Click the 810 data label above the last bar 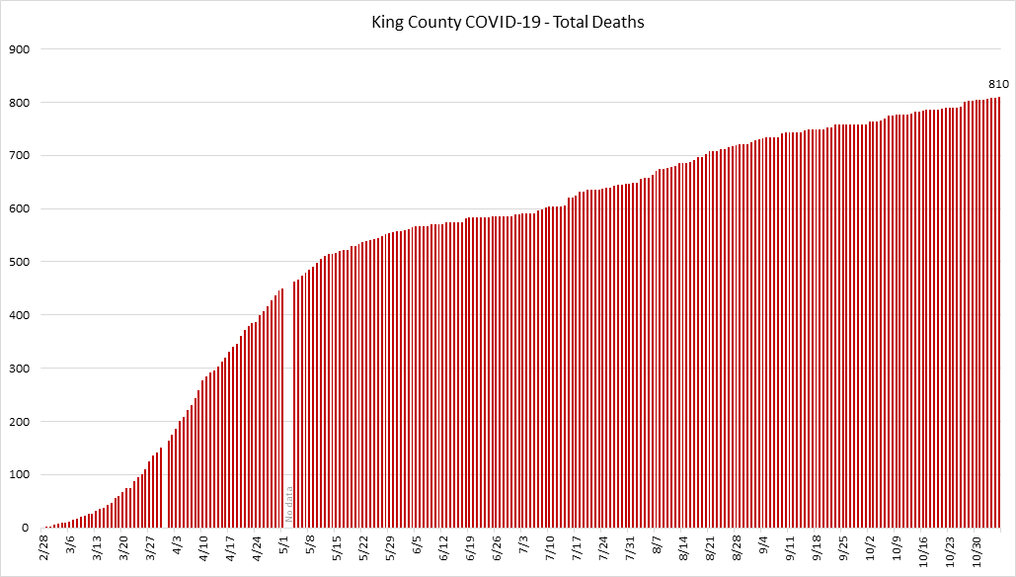(998, 85)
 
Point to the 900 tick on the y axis (19, 49)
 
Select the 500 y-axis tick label (19, 263)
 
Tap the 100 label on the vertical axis (19, 475)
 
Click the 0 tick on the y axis (26, 529)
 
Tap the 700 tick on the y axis (19, 156)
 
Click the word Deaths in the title (618, 21)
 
